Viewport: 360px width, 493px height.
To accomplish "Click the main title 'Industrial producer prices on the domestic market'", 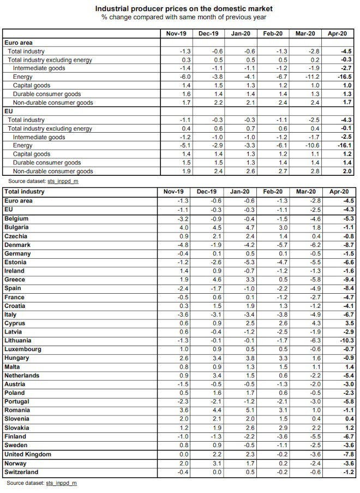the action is coord(184,9).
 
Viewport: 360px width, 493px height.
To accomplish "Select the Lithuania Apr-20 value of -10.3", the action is coord(346,341).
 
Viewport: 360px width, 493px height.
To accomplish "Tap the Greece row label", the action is coord(14,280).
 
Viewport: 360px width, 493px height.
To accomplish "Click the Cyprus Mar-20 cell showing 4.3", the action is coord(316,323).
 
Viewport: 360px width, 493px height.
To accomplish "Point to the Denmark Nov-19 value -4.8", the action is coord(183,245).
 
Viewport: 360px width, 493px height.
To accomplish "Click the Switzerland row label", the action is coord(21,472).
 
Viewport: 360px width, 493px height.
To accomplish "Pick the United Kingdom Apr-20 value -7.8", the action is coord(348,454).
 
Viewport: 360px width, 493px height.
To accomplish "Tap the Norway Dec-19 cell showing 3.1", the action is coord(217,464).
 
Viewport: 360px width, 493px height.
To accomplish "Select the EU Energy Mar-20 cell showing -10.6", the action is coord(311,145).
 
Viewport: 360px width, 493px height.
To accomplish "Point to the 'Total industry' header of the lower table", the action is coord(24,192).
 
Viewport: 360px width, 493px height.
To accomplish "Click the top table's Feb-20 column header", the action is coord(273,34).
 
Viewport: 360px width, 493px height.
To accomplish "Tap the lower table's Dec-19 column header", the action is coord(206,192).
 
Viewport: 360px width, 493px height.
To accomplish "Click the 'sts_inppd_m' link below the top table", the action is coord(63,181).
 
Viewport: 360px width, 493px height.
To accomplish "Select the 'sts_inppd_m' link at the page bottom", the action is coord(62,483).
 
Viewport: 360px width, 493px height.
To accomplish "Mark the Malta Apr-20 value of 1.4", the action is coord(349,366).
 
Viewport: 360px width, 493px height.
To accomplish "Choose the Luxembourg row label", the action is coord(22,349).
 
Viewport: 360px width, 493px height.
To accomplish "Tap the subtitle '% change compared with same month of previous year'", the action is coord(184,17).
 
